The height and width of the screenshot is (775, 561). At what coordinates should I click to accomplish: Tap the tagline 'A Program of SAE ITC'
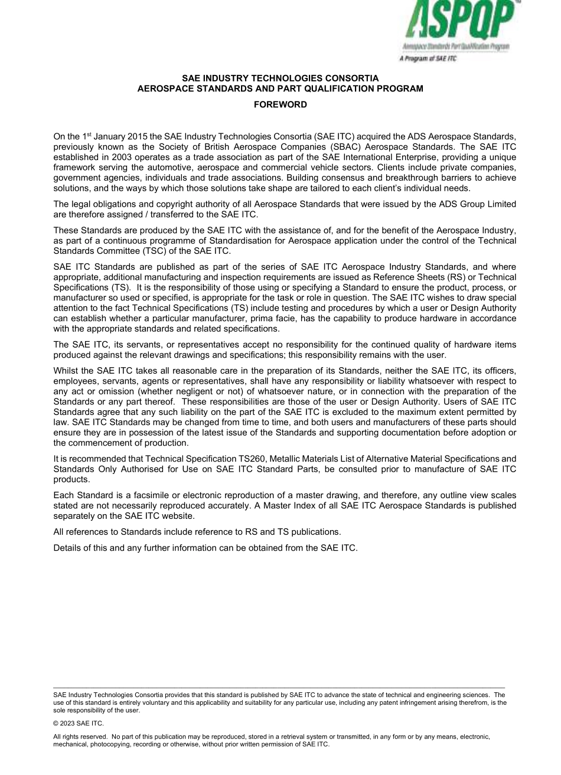[428, 58]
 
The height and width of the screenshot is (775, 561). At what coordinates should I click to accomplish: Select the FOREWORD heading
[280, 104]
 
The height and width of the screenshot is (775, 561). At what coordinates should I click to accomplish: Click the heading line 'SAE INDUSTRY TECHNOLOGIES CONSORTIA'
[280, 78]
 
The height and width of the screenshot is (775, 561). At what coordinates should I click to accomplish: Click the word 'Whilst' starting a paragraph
[66, 371]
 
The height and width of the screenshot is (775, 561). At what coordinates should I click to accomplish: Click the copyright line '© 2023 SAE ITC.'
[78, 723]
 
